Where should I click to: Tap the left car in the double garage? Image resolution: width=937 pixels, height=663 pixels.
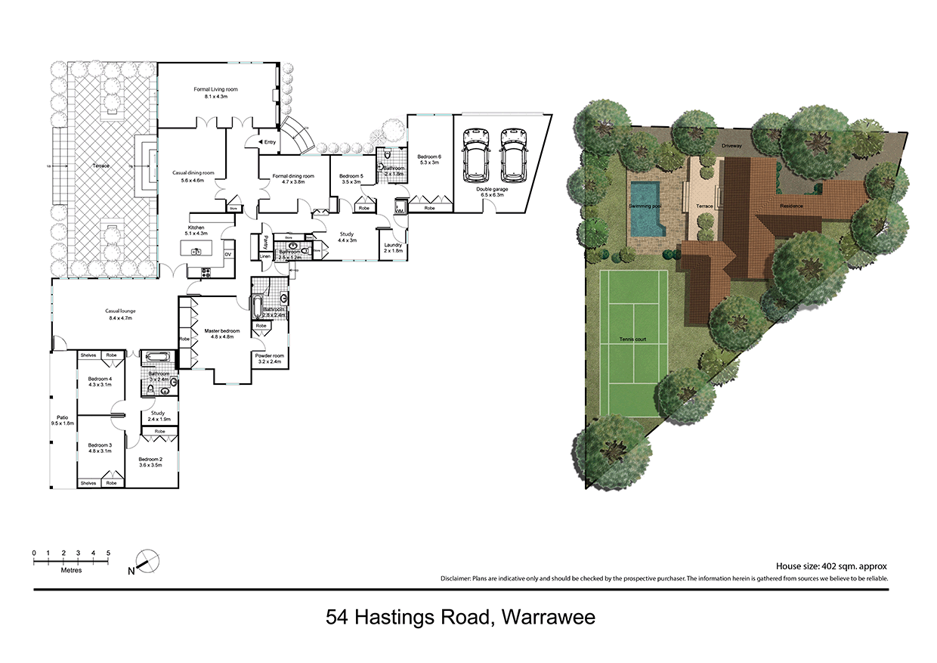478,155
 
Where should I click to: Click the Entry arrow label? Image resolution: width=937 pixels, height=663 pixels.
267,141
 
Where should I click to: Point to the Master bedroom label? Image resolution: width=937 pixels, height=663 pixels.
222,331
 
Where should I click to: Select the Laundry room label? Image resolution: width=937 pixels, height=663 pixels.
393,245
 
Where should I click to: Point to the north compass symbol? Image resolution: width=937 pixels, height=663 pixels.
146,563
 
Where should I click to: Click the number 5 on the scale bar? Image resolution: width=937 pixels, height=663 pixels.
109,553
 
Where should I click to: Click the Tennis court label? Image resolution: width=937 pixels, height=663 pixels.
632,339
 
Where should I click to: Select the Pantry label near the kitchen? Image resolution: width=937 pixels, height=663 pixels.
266,243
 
